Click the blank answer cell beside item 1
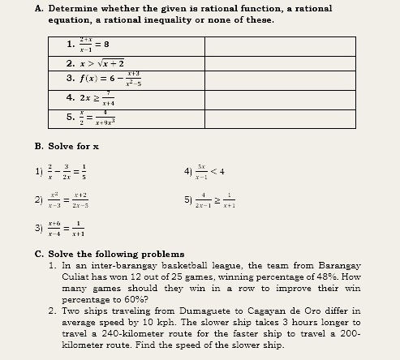pyautogui.click(x=278, y=45)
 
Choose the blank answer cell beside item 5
pyautogui.click(x=278, y=118)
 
